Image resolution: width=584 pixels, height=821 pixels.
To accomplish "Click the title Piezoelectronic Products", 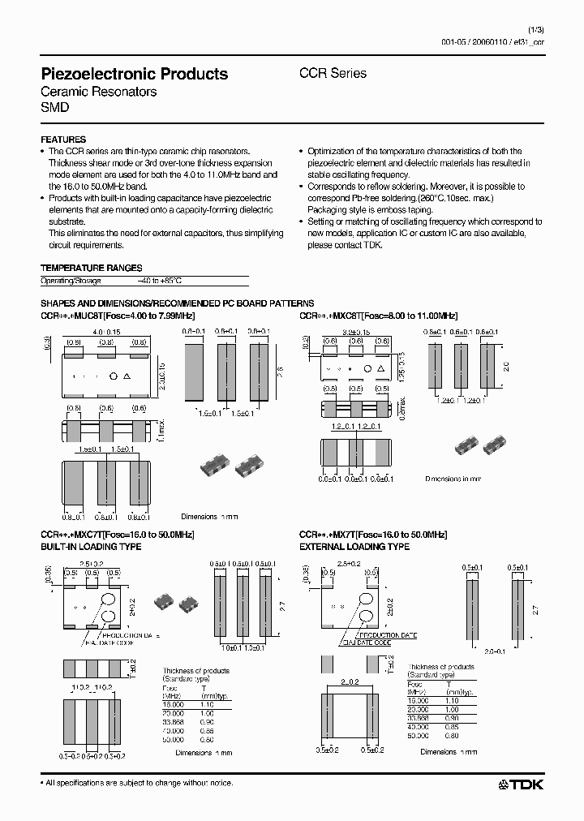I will coord(134,74).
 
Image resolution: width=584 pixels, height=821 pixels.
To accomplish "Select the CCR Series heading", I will coord(333,73).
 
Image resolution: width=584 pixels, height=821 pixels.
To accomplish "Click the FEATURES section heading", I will coord(63,140).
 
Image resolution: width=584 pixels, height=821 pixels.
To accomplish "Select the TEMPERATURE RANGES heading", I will coord(91,268).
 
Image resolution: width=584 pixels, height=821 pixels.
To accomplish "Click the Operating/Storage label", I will coord(71,281).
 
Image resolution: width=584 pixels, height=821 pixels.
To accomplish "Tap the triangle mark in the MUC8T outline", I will coord(129,376).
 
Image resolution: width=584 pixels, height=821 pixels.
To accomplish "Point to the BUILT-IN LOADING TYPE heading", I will coord(91,547).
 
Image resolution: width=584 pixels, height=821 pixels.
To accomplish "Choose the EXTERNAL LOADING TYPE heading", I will coord(354,547).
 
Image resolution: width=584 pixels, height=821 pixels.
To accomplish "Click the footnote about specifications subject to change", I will coord(136,783).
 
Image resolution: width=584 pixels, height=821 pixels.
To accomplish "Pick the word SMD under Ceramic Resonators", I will coord(55,107).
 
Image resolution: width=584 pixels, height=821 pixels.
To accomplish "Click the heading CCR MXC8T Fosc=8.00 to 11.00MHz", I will coord(379,316).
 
